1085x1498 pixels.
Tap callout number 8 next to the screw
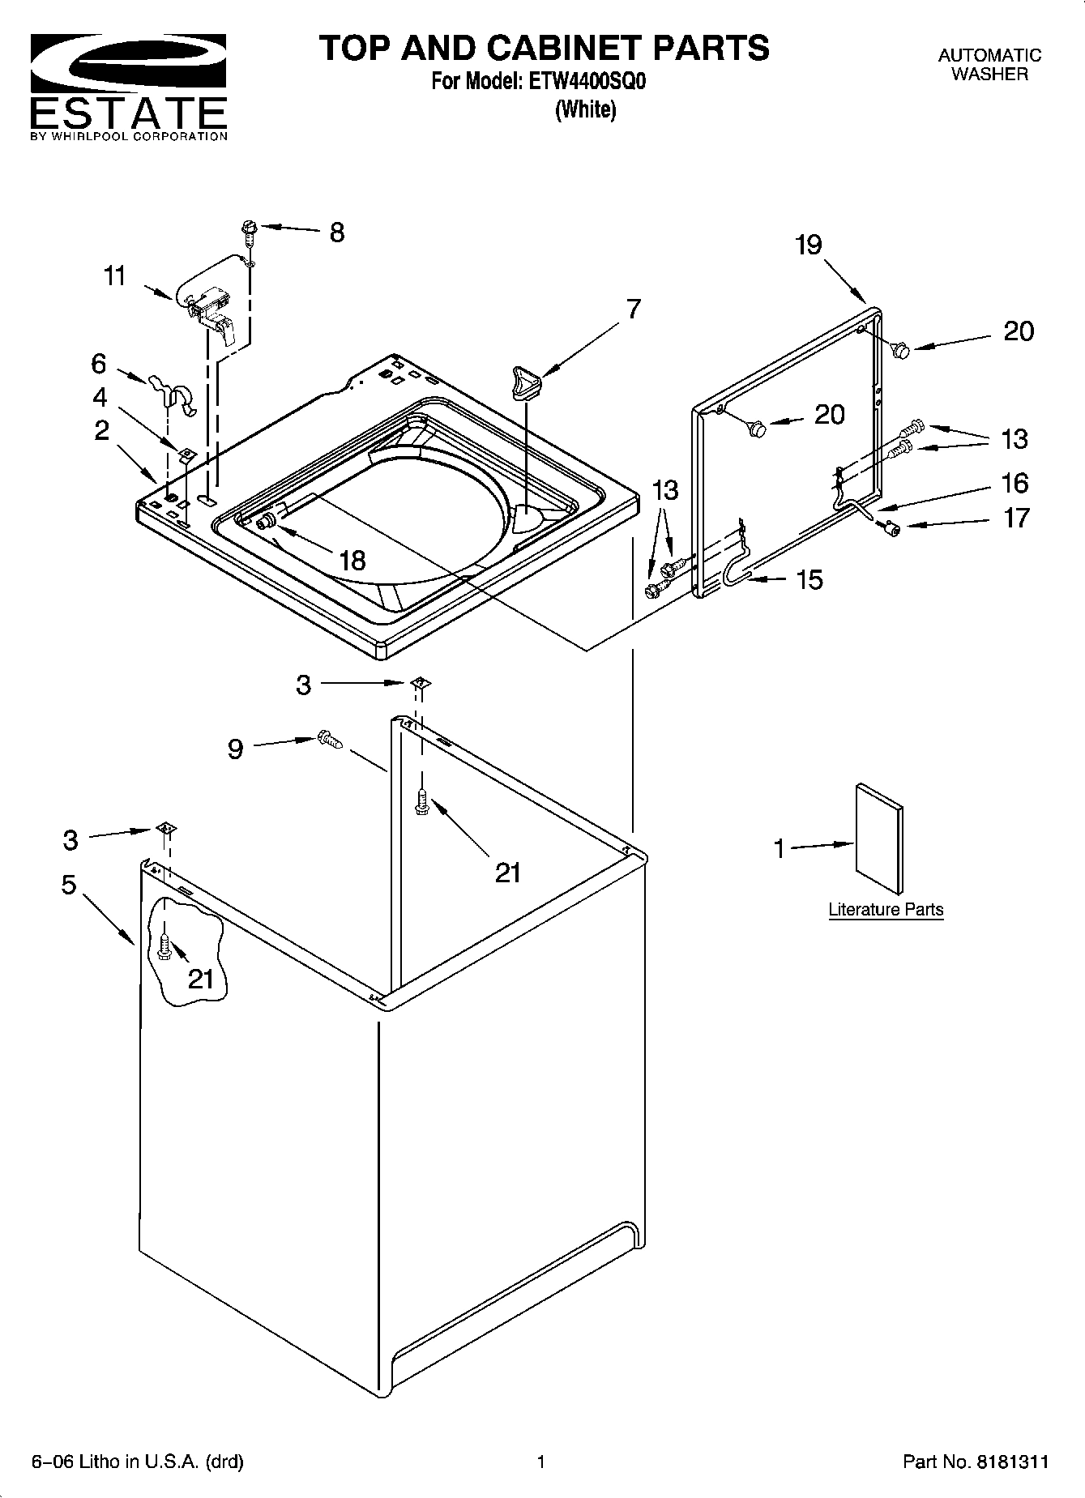(x=336, y=233)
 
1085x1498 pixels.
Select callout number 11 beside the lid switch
(x=115, y=276)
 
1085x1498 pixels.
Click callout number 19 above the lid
(x=808, y=245)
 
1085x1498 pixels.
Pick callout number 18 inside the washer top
(x=352, y=560)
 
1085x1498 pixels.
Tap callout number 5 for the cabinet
(x=69, y=885)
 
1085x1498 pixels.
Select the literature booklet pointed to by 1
(x=879, y=838)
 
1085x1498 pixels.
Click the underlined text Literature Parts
(x=886, y=910)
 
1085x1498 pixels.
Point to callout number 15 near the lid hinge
(x=809, y=579)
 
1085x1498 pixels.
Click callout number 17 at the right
(x=1016, y=517)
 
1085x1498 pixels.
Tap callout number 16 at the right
(x=1015, y=483)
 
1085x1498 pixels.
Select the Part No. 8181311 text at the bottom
(x=976, y=1462)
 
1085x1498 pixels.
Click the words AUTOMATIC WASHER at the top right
(x=989, y=65)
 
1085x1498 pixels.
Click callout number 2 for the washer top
(x=101, y=430)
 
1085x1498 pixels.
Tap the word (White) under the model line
(x=585, y=110)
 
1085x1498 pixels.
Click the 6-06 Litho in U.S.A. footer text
(x=137, y=1462)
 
